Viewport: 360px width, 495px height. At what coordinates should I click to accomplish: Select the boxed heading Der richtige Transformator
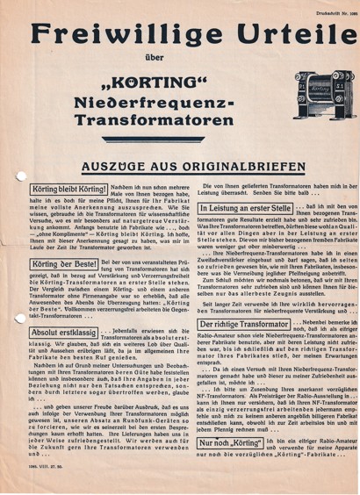click(233, 348)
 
